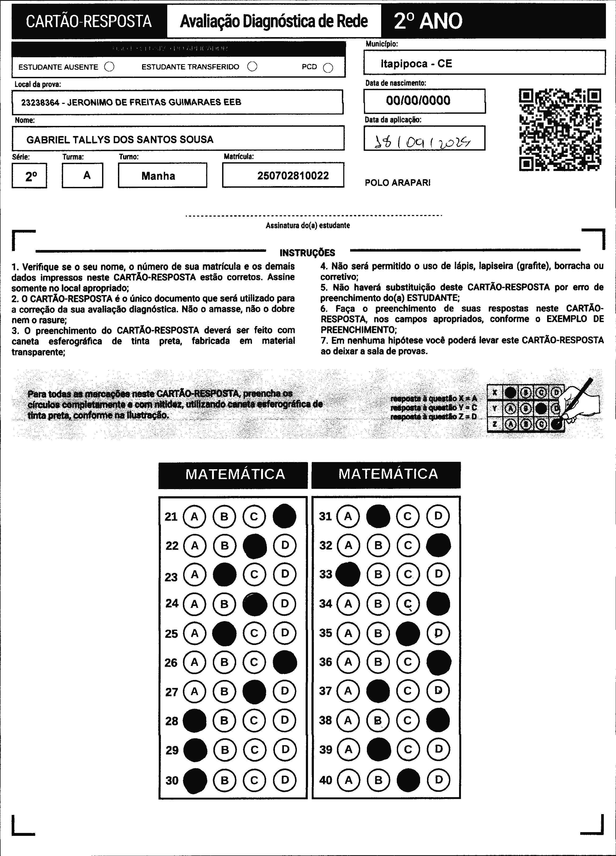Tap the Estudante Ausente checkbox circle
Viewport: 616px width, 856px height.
tap(109, 67)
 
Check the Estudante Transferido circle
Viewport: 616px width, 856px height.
tap(252, 67)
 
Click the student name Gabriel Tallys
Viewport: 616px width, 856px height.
tap(120, 140)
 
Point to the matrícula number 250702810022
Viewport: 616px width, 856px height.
tap(293, 175)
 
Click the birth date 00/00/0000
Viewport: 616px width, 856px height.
tap(418, 100)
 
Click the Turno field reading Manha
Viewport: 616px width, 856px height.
tap(158, 176)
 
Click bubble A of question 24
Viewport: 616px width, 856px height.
tap(194, 604)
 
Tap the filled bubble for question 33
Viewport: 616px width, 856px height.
tap(348, 574)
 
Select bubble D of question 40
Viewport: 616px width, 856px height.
tap(438, 779)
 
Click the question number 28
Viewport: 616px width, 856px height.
tap(172, 721)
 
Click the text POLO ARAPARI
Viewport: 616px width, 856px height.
tap(397, 183)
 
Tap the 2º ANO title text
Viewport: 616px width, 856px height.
tap(428, 21)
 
